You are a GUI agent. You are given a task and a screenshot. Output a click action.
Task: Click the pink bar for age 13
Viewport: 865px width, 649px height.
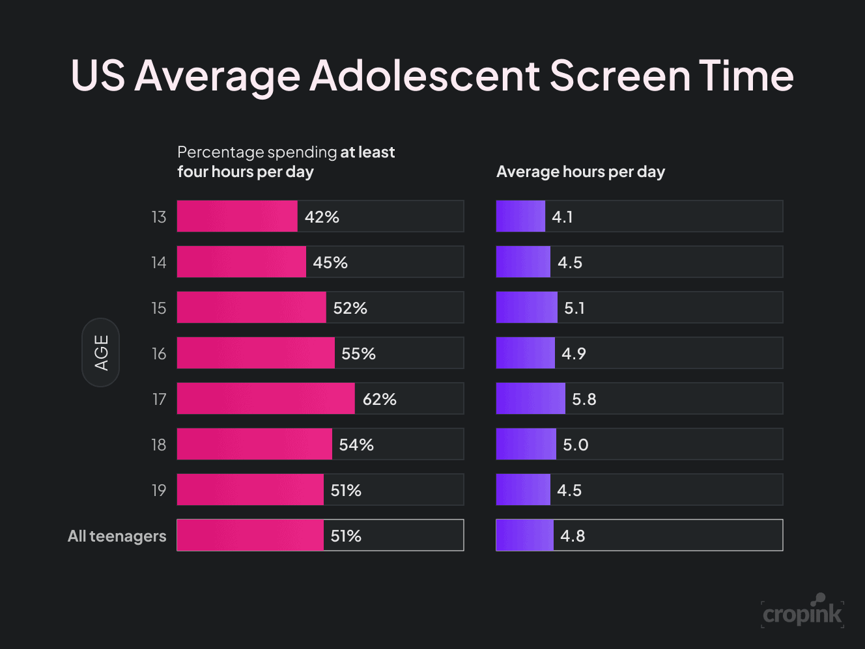pos(237,216)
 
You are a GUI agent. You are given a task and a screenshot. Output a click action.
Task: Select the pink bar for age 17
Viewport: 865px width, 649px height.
pos(266,398)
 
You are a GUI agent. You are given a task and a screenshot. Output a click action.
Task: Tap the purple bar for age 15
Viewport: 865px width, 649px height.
pos(526,307)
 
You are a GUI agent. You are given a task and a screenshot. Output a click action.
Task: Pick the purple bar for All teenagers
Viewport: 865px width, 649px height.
pos(524,535)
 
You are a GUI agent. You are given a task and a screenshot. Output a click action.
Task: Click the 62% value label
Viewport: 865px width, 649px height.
pos(379,399)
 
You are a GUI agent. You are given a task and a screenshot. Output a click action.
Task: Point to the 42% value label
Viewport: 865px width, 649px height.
pos(322,217)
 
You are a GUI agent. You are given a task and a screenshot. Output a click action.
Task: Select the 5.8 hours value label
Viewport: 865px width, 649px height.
pos(584,399)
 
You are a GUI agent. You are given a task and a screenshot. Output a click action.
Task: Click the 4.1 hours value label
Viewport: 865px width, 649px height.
pos(562,217)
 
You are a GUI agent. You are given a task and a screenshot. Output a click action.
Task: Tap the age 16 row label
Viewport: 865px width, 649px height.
pos(159,353)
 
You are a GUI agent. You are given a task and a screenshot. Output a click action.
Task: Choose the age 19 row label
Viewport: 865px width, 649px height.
pos(159,490)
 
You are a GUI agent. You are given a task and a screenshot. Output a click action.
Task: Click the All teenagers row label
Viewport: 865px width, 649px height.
pos(117,536)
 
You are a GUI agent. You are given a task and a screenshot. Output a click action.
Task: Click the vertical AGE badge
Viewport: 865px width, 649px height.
pos(101,353)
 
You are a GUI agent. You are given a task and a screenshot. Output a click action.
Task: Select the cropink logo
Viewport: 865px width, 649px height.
pos(802,612)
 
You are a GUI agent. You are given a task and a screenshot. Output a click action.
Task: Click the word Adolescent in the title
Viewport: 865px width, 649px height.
pos(424,76)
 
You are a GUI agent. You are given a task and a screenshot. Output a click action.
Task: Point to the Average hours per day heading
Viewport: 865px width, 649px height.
pos(580,172)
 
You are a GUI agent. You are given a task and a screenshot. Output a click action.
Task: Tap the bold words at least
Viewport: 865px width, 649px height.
pos(367,152)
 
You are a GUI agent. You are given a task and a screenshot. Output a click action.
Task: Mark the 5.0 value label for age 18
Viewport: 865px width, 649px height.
pos(575,445)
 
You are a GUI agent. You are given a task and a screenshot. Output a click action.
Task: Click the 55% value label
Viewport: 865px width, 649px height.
pos(358,353)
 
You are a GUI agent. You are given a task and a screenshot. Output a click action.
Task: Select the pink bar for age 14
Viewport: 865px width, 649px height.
pos(241,262)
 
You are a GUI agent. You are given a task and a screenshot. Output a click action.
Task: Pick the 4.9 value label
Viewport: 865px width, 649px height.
pos(574,353)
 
